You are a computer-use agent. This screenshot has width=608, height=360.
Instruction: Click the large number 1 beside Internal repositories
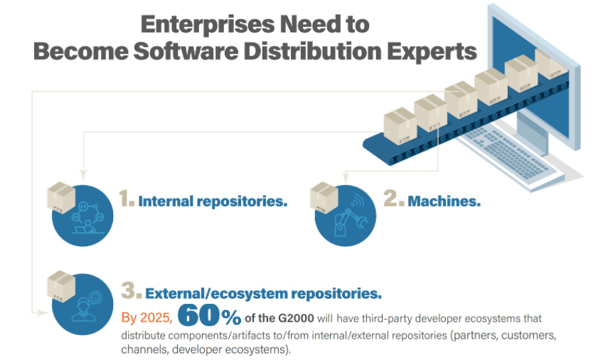pos(127,200)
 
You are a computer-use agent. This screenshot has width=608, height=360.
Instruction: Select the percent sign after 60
pos(230,315)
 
